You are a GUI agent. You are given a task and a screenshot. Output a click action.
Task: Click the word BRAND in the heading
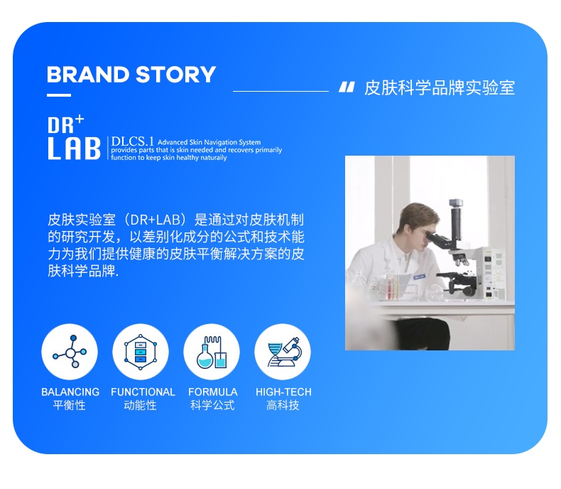click(x=88, y=75)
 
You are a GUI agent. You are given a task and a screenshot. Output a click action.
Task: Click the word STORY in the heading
click(x=175, y=75)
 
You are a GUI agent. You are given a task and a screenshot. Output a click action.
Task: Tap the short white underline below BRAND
click(x=59, y=95)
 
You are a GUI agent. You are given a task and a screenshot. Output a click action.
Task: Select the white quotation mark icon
click(x=347, y=87)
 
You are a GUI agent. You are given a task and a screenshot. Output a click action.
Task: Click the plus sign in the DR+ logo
click(x=80, y=119)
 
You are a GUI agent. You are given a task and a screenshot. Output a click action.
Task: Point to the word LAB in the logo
click(x=74, y=148)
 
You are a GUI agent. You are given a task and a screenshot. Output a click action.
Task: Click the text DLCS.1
click(x=132, y=141)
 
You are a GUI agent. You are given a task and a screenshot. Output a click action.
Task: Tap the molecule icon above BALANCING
click(x=70, y=352)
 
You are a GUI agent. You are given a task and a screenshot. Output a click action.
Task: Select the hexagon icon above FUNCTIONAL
click(x=141, y=352)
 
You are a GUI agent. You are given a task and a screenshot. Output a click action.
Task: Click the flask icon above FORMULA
click(x=212, y=352)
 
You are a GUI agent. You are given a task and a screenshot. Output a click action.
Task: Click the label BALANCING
click(x=70, y=392)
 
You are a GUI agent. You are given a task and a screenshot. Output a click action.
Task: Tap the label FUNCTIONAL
click(x=143, y=392)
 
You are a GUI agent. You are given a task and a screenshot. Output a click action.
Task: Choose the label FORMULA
click(x=213, y=392)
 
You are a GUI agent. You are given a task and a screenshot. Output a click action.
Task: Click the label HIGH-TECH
click(x=283, y=392)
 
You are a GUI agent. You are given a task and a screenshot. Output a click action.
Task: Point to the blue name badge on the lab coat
click(x=419, y=276)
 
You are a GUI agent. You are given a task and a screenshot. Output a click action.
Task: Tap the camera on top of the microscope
click(x=456, y=203)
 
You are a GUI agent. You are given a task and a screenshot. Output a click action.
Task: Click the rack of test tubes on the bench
click(x=390, y=286)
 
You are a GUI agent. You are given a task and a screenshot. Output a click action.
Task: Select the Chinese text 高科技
click(x=283, y=405)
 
